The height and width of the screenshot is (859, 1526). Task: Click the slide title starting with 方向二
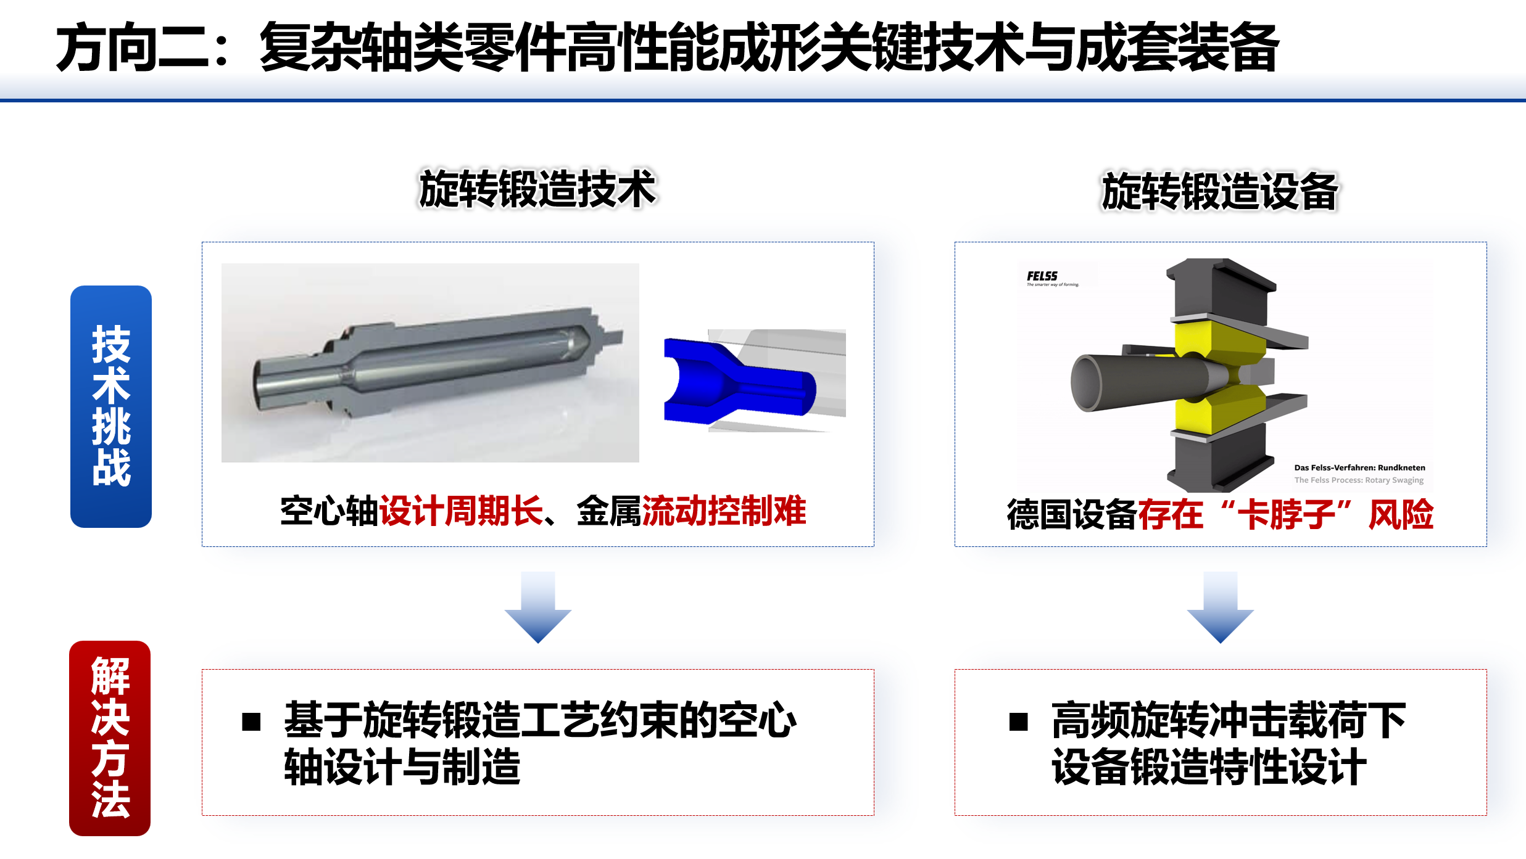pos(668,47)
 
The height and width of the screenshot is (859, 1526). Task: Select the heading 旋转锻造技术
pos(537,189)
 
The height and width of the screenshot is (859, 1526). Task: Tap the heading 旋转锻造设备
pos(1220,191)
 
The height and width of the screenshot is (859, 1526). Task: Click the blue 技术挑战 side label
pos(111,406)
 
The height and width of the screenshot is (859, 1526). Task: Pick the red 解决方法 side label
pos(110,738)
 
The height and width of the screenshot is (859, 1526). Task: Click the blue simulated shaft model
pos(739,380)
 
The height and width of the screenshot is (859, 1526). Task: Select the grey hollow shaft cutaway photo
pos(430,363)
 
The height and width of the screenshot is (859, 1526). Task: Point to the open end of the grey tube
pos(1086,382)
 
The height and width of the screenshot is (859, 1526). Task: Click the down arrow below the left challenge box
pos(538,607)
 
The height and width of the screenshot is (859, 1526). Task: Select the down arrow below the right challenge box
pos(1221,607)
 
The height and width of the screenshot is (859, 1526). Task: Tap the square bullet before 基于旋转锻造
pos(251,721)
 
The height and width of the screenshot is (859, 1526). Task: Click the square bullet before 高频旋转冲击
pos(1019,721)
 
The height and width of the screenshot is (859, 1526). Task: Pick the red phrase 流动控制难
pos(724,511)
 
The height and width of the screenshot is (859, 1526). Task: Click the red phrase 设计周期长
pos(461,511)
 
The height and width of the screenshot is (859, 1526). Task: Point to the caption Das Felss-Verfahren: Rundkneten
pos(1360,467)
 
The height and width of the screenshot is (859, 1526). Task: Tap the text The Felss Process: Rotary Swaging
pos(1359,480)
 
